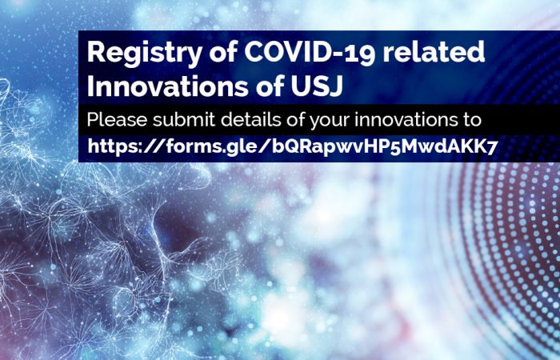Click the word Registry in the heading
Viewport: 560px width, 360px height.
pos(145,54)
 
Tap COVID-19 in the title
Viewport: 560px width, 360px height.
pos(310,52)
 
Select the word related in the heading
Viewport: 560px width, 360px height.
pos(434,51)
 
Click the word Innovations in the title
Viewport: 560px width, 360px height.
pos(167,86)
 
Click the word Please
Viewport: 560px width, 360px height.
pos(117,120)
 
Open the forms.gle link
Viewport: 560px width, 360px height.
pos(292,146)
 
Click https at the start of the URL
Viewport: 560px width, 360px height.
pos(112,146)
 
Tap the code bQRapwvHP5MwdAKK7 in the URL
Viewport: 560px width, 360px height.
pos(385,146)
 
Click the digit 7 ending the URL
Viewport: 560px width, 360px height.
pos(493,147)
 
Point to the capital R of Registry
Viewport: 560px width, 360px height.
pos(96,52)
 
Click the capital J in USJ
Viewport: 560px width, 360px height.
pos(336,86)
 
